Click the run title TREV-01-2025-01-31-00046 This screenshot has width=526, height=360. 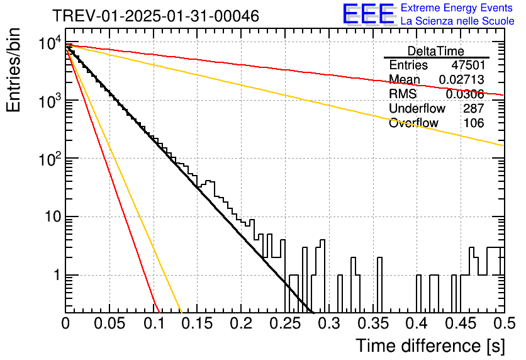pyautogui.click(x=156, y=16)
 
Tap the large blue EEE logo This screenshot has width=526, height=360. pyautogui.click(x=369, y=14)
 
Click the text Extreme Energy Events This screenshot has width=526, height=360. pyautogui.click(x=457, y=8)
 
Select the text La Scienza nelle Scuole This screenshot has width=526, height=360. pyautogui.click(x=457, y=21)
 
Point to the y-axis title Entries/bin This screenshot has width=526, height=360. pyautogui.click(x=13, y=70)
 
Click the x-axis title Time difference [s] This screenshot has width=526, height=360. pyautogui.click(x=430, y=346)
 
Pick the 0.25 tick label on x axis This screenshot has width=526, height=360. pyautogui.click(x=286, y=323)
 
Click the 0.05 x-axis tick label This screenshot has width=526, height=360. pyautogui.click(x=109, y=323)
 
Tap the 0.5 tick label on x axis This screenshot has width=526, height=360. pyautogui.click(x=504, y=323)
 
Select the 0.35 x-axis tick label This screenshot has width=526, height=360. pyautogui.click(x=373, y=323)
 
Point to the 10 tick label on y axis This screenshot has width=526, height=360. pyautogui.click(x=53, y=217)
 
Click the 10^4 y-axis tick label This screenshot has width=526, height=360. pyautogui.click(x=50, y=43)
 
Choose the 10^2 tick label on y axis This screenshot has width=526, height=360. pyautogui.click(x=50, y=159)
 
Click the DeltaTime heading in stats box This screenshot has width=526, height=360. pyautogui.click(x=436, y=51)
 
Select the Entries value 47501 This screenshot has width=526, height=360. pyautogui.click(x=468, y=65)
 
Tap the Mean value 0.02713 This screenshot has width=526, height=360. pyautogui.click(x=462, y=79)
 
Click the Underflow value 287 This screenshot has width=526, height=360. pyautogui.click(x=474, y=108)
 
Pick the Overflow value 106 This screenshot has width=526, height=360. pyautogui.click(x=474, y=123)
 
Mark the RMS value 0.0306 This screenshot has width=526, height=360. pyautogui.click(x=465, y=94)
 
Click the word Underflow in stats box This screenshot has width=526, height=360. pyautogui.click(x=417, y=108)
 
